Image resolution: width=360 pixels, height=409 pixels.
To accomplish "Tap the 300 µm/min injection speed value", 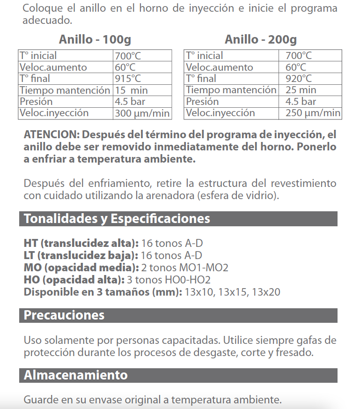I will click(x=141, y=113).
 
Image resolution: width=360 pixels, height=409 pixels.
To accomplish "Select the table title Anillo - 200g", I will click(x=261, y=39).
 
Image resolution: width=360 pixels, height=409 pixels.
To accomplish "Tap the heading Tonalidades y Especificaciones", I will click(x=117, y=219).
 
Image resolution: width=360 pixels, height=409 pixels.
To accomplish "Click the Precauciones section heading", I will click(x=64, y=315).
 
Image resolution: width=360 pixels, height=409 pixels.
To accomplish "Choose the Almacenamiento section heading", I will click(x=75, y=375).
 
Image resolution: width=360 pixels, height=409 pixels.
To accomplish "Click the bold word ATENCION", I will click(x=51, y=135).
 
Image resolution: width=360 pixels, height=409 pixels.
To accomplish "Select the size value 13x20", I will click(x=266, y=292).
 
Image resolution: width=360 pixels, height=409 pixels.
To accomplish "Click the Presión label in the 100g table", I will click(x=36, y=102).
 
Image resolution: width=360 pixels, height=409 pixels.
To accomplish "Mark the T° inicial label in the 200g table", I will click(x=205, y=56).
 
